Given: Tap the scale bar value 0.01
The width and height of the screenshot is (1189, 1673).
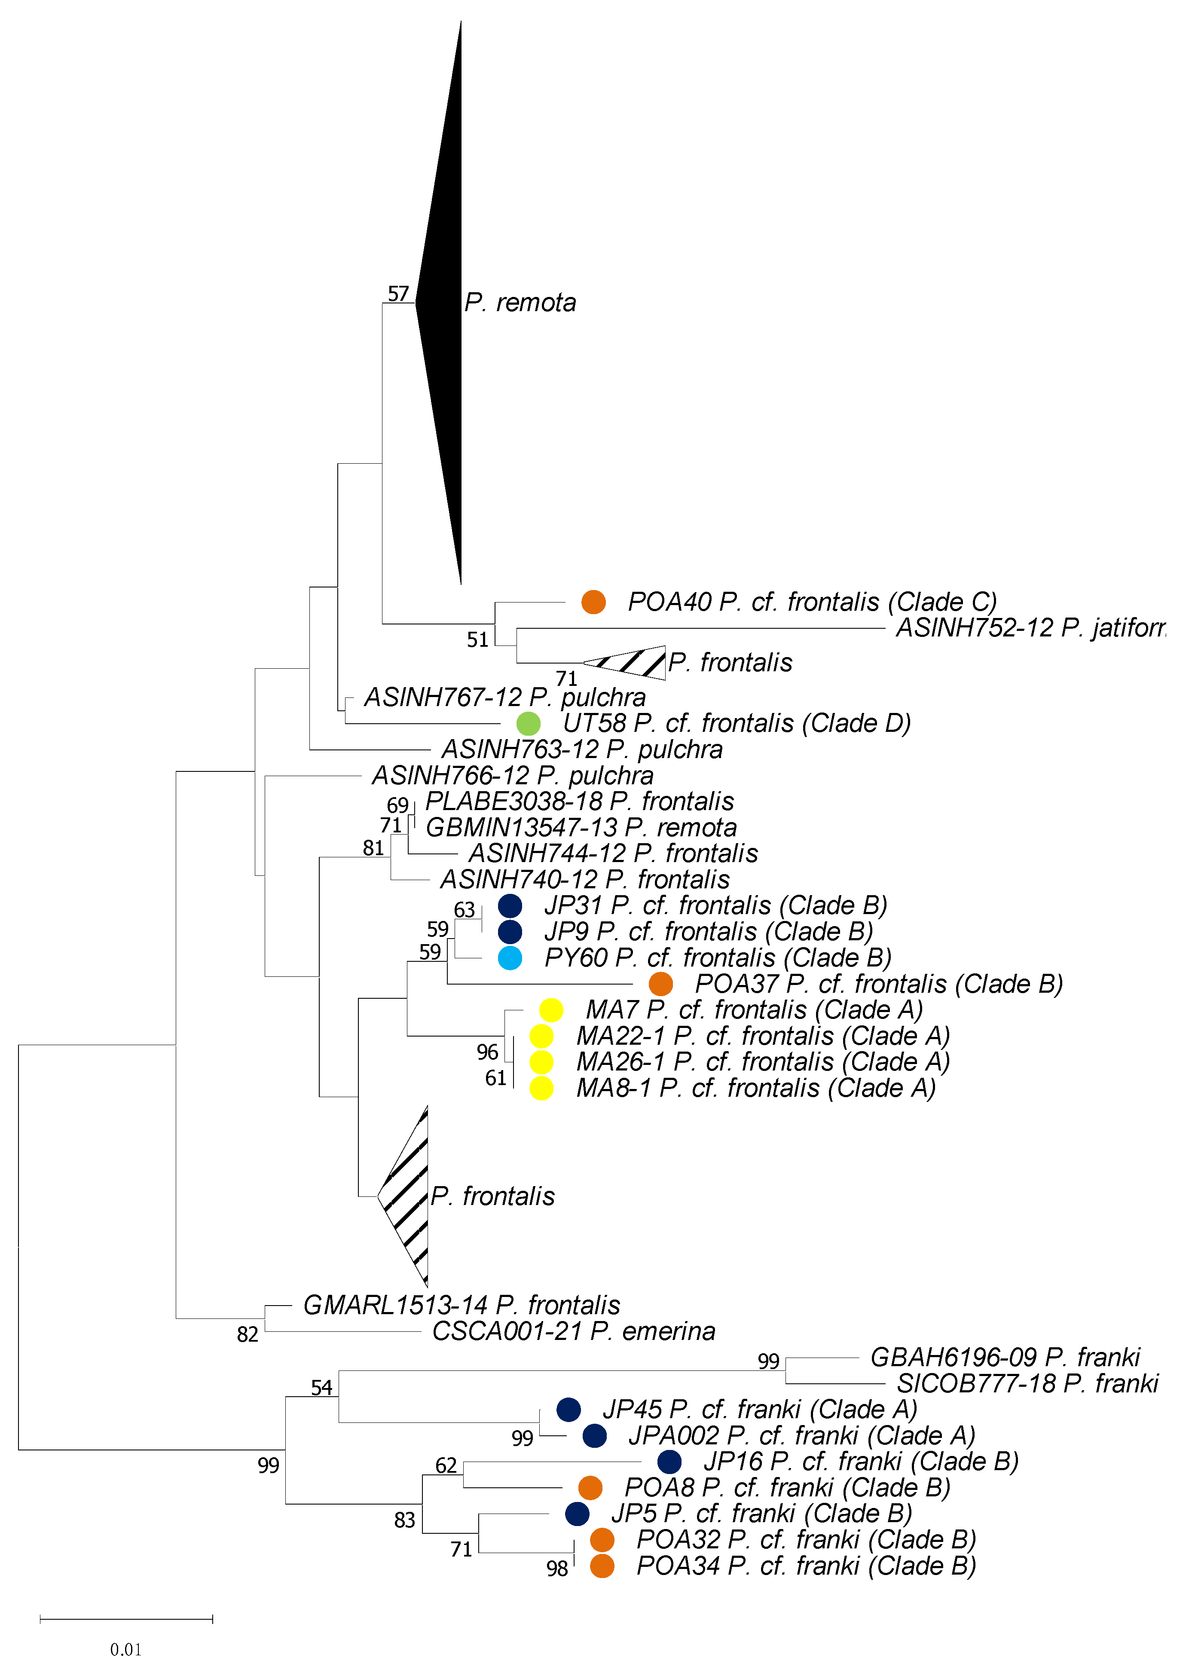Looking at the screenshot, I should pos(126,1649).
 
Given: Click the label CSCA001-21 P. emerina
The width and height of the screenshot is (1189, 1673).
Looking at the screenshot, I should pos(573,1331).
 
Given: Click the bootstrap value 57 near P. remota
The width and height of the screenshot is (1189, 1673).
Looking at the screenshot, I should pos(398,294).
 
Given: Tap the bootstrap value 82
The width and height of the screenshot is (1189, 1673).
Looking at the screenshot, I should pos(248,1335).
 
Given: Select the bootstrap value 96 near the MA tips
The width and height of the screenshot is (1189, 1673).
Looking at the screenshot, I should pos(488,1052).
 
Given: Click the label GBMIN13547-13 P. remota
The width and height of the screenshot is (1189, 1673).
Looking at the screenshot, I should pos(581,827).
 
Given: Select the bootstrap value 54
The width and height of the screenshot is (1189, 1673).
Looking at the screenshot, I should pos(321,1388).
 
